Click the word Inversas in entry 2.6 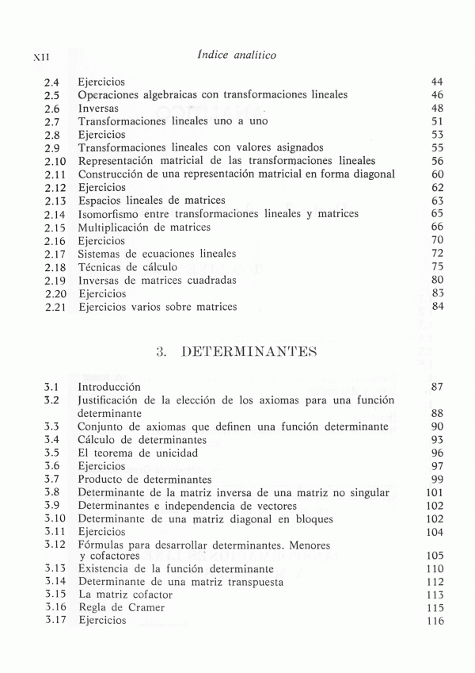(x=98, y=108)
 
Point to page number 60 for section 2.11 (x=437, y=174)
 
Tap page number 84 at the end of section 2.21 (x=437, y=306)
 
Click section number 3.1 (x=52, y=387)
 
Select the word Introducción (x=109, y=387)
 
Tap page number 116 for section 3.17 (x=434, y=621)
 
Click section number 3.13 (x=55, y=568)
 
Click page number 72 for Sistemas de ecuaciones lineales (x=437, y=253)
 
